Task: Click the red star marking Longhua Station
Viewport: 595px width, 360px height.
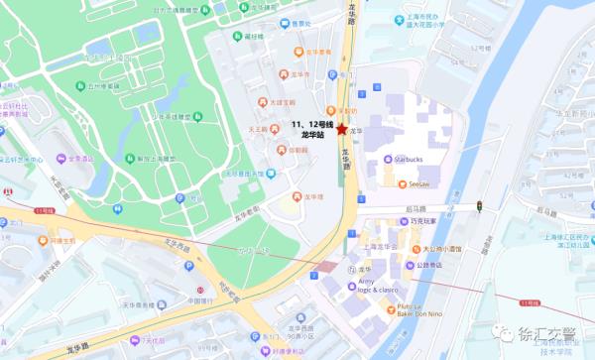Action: [x=342, y=129]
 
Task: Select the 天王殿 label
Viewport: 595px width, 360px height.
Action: [x=259, y=129]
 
